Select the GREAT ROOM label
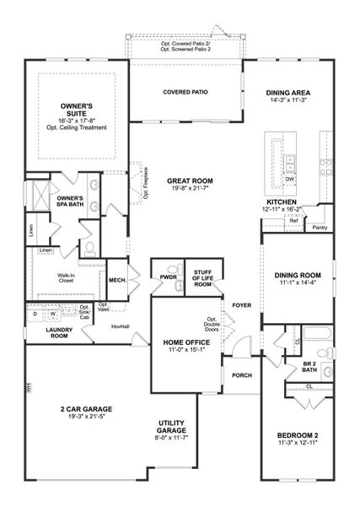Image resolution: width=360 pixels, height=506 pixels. [189, 180]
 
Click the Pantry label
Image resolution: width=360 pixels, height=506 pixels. [320, 228]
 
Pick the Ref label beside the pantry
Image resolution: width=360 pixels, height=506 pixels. [293, 220]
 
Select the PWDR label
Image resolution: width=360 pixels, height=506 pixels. [166, 275]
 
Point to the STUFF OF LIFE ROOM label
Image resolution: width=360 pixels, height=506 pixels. [201, 279]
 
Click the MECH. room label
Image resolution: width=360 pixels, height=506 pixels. [117, 281]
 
